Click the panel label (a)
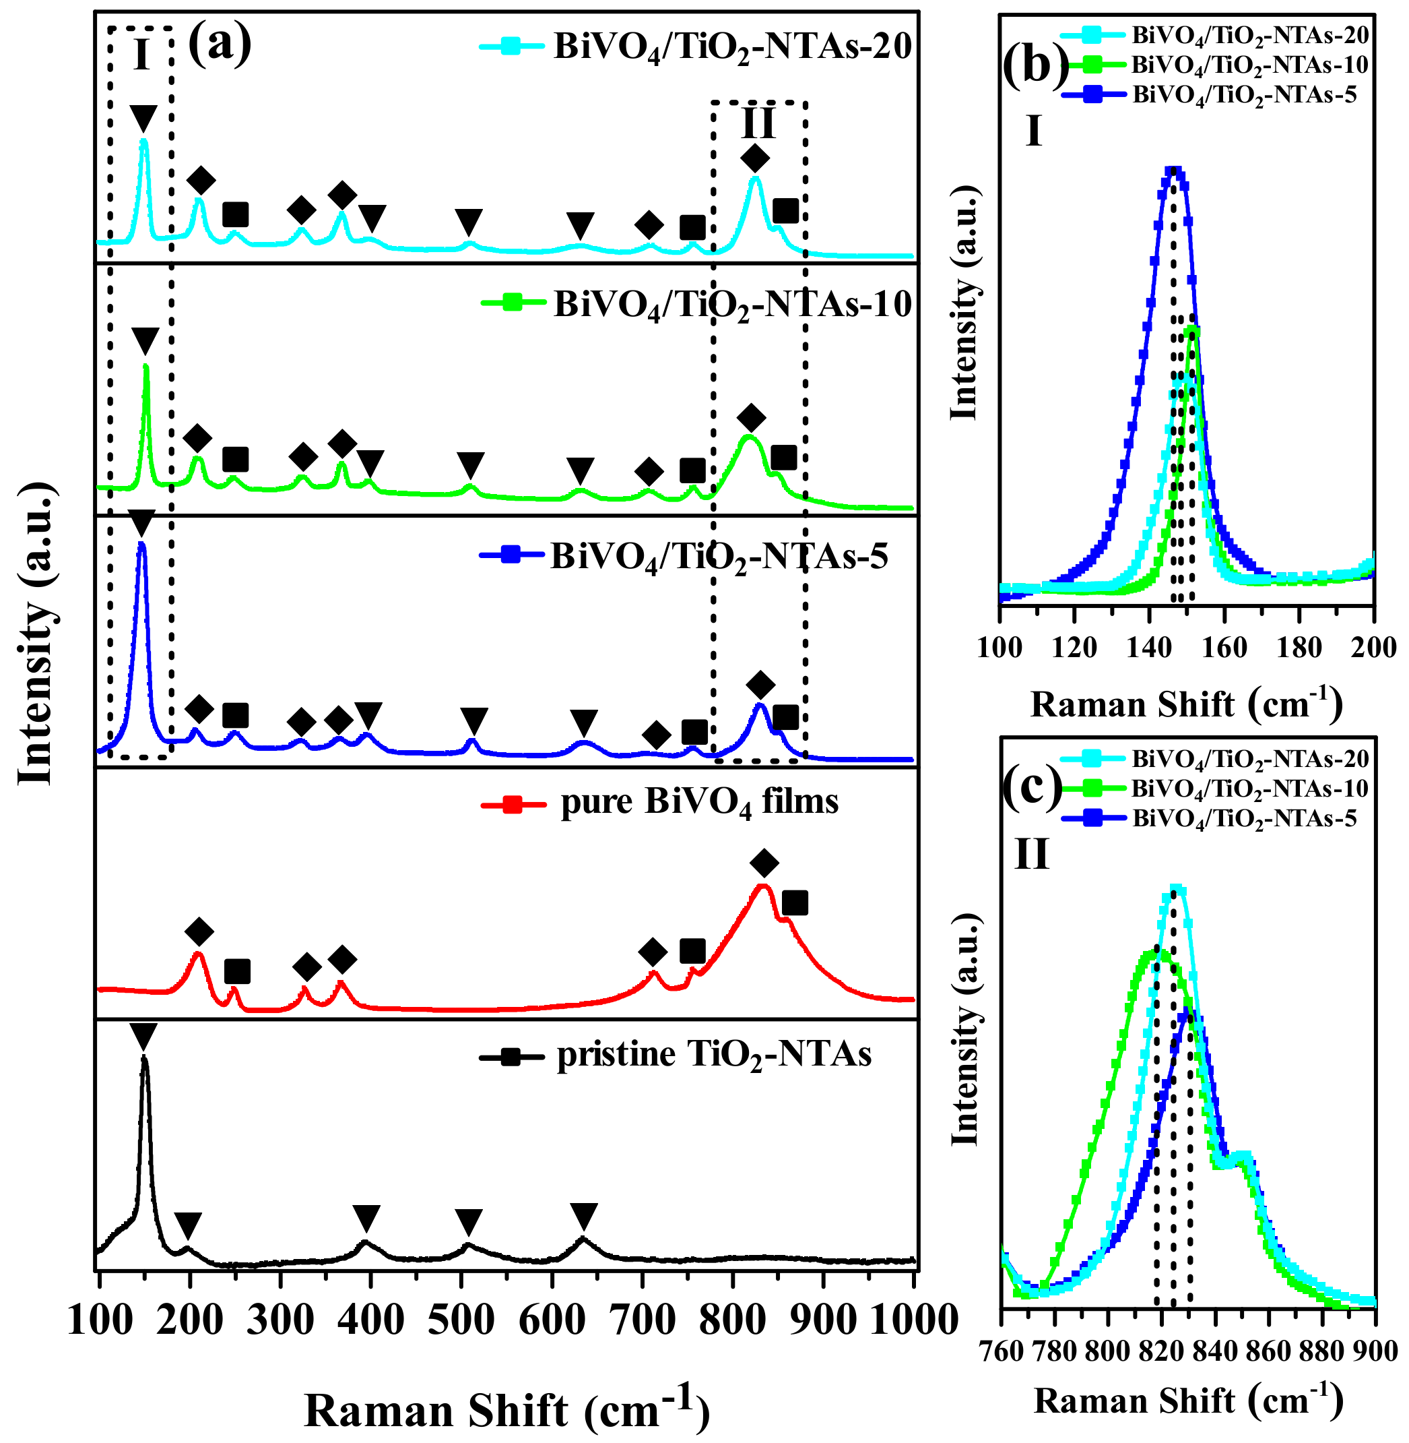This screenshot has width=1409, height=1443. click(220, 44)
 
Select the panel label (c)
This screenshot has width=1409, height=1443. click(1032, 787)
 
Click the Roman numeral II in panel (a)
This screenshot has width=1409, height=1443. click(758, 123)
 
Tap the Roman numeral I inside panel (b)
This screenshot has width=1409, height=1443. click(1034, 133)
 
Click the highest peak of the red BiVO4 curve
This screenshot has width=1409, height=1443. click(763, 887)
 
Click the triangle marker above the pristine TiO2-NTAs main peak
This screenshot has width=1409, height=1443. click(143, 1035)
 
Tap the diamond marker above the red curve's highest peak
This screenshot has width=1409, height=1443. click(764, 863)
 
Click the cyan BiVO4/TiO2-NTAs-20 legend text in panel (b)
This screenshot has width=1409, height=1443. click(1250, 35)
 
